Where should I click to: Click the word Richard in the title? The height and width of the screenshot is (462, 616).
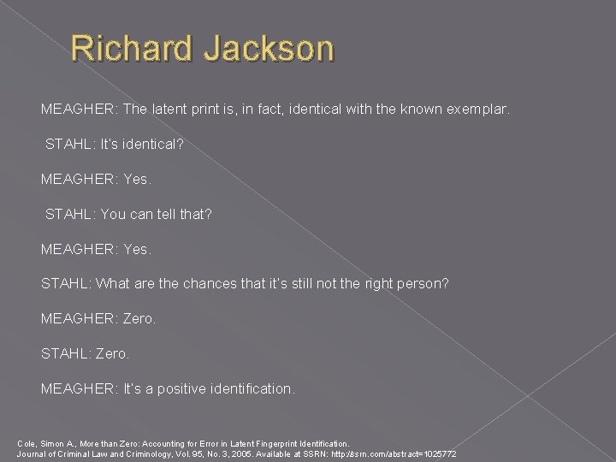pos(130,50)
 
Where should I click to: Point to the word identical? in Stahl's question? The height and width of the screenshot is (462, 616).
pos(149,145)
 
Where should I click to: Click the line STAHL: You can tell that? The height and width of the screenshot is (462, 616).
pos(128,214)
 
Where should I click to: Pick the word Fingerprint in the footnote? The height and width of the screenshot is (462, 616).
pos(247,443)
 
